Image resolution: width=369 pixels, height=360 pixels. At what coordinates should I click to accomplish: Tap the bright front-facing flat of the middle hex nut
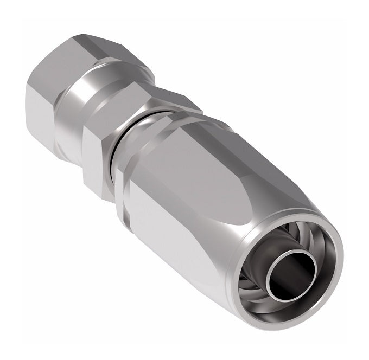[x=98, y=157]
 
